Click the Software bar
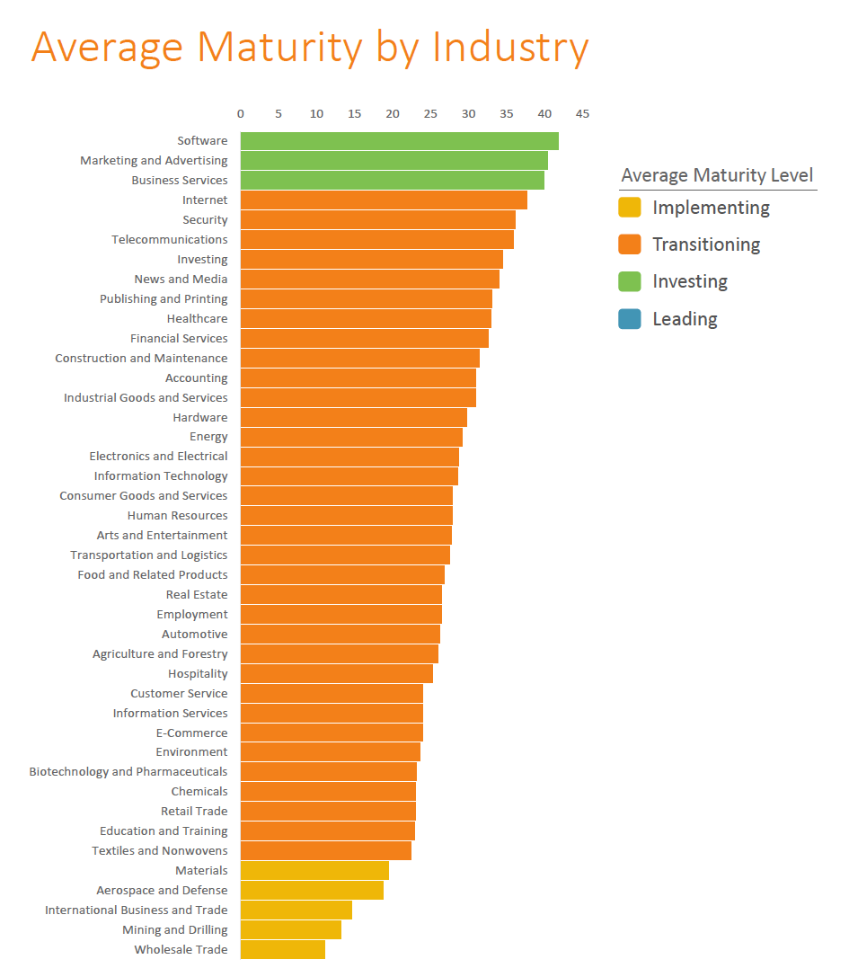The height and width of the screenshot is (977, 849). point(399,141)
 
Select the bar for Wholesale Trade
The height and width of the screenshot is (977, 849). point(282,950)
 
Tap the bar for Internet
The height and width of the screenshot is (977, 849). point(384,200)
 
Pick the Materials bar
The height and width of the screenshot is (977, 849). point(314,871)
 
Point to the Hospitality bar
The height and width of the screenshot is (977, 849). point(336,674)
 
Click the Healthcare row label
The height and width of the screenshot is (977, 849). point(197,319)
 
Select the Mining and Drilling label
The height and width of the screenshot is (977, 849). point(175,930)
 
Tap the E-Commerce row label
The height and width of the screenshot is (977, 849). point(191,733)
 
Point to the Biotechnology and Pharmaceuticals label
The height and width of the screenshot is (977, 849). point(128,772)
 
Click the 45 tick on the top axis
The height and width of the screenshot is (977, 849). point(582,114)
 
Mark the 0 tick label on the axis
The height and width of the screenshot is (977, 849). point(241,114)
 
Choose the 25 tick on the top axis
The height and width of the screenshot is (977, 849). point(430,114)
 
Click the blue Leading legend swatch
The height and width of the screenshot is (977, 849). point(630,319)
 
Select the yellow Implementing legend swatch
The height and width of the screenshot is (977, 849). point(630,208)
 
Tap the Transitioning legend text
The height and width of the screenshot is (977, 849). point(706,244)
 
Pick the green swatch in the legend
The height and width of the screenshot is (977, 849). point(630,282)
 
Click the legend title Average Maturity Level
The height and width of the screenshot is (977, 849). point(717,175)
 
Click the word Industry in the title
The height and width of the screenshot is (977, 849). point(510,47)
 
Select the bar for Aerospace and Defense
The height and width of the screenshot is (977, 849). point(312,891)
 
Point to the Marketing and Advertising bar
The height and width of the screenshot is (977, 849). point(394,161)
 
